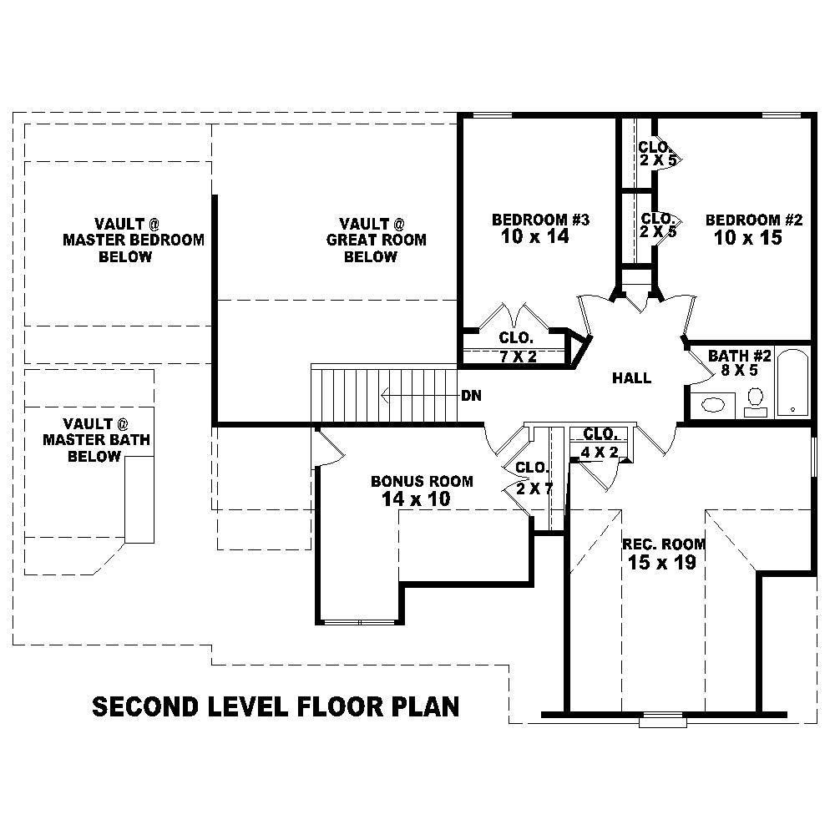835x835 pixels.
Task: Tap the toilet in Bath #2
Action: (x=756, y=399)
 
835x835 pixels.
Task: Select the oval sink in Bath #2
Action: (x=713, y=405)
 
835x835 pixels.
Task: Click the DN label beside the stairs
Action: (x=471, y=395)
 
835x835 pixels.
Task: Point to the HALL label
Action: (x=631, y=378)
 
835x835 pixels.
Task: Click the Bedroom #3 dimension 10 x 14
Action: (x=540, y=237)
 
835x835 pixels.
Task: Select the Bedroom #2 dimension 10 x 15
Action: (x=748, y=238)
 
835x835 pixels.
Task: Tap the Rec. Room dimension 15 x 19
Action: (x=663, y=563)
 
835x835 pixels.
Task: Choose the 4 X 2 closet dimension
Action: (x=600, y=452)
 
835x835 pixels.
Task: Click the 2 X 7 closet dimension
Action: (x=534, y=488)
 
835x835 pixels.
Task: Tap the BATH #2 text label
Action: (x=740, y=357)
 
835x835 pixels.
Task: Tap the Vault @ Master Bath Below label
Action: (x=95, y=440)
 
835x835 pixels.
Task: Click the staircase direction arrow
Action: (x=417, y=395)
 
